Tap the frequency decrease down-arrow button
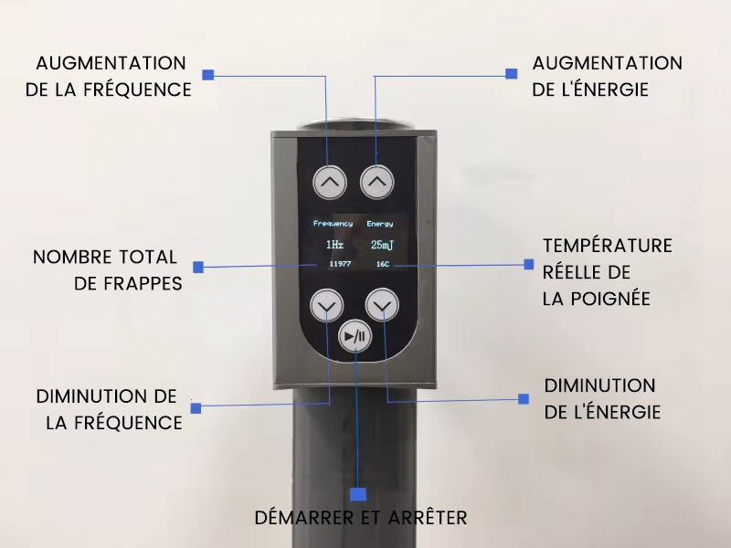point(327,306)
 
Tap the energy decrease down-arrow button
point(382,306)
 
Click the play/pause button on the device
point(355,336)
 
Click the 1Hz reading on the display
point(334,244)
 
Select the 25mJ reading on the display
point(382,245)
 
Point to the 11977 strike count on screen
point(340,264)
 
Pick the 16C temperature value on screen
point(383,264)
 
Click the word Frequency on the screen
point(333,224)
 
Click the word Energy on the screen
point(380,224)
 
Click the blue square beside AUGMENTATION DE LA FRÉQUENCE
point(208,75)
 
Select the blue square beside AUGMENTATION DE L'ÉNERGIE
point(512,74)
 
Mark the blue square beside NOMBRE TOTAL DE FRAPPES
point(198,267)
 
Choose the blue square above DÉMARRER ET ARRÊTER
point(358,494)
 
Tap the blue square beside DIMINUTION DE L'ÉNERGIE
point(524,399)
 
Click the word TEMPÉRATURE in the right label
point(608,245)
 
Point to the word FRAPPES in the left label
point(143,283)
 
